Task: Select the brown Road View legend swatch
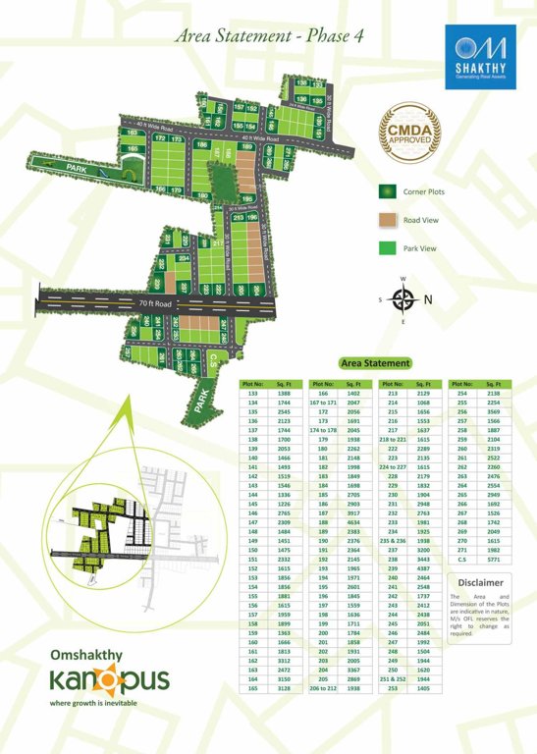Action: (388, 220)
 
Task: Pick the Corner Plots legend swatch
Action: (388, 191)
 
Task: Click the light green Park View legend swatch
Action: (388, 247)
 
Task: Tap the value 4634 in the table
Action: (354, 522)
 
